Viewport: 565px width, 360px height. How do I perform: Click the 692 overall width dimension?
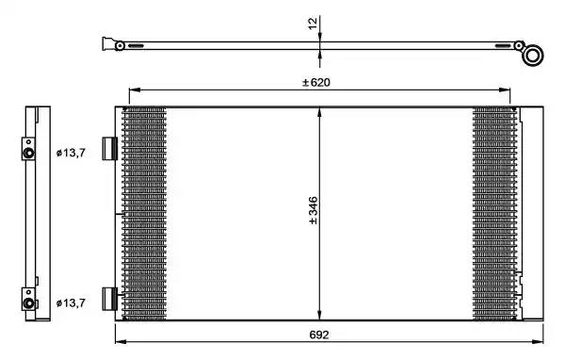click(319, 335)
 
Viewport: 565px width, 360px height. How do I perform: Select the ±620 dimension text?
click(316, 82)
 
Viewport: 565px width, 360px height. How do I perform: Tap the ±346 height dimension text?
click(314, 211)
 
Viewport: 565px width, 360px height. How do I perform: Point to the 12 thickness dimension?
click(313, 24)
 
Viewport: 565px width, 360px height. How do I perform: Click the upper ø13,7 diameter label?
click(71, 153)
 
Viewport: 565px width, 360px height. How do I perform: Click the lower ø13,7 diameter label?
click(71, 303)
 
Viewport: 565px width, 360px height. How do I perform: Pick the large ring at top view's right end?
click(533, 56)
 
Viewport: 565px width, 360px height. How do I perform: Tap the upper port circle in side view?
click(28, 153)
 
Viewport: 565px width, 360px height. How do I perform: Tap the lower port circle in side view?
click(28, 303)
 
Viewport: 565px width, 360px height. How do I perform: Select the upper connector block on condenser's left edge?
click(110, 148)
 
